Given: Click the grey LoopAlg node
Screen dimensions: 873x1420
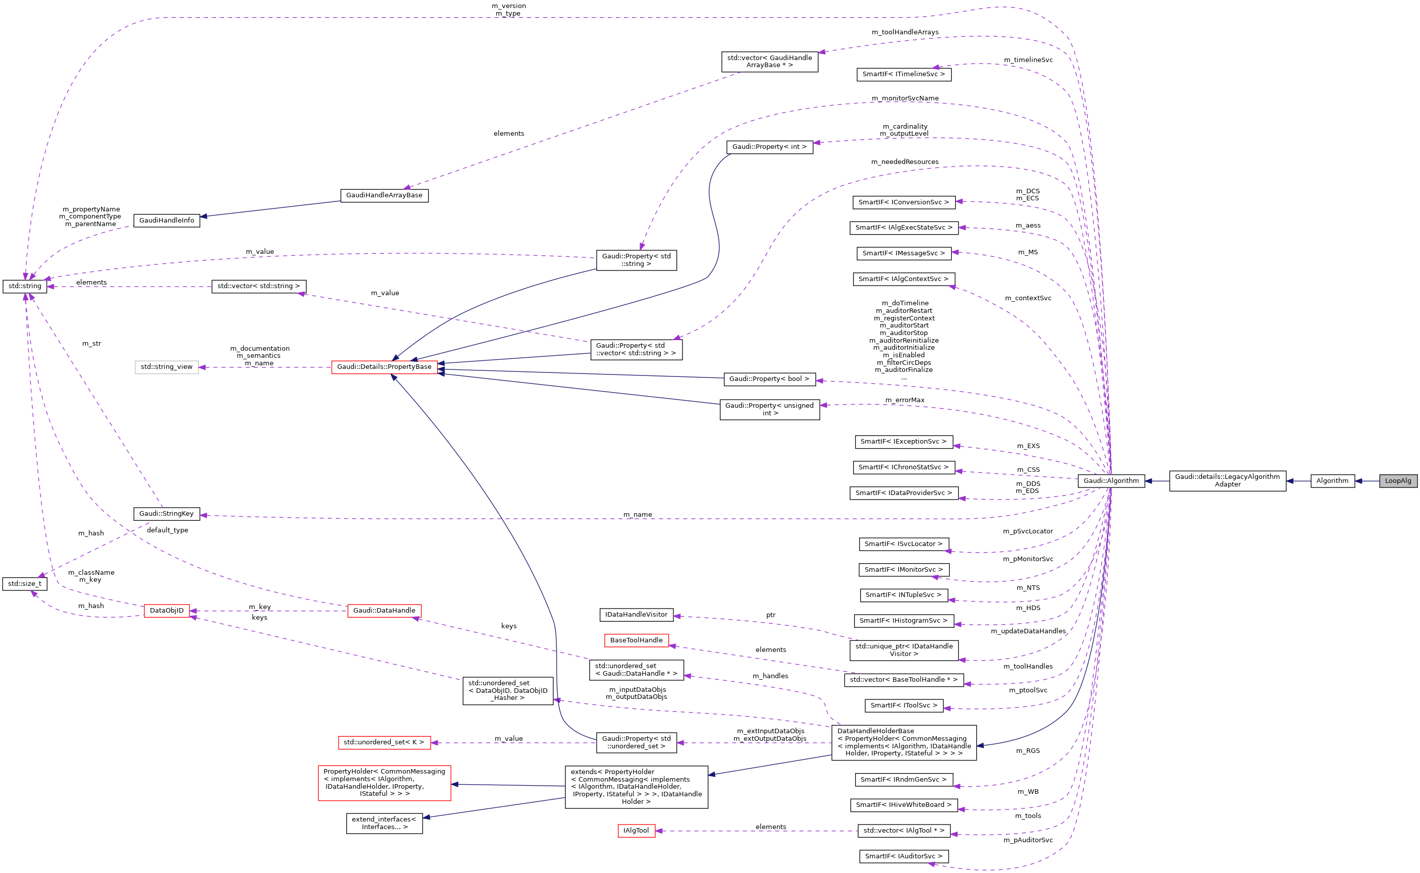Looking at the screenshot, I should (x=1397, y=481).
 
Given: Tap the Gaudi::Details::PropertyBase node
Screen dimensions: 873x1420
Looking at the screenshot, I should (x=384, y=367).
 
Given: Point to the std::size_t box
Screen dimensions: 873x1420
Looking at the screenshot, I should (x=25, y=584).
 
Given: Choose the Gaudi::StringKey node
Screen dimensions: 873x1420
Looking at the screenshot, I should (x=166, y=514).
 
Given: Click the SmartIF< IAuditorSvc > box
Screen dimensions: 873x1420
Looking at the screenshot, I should (x=903, y=856).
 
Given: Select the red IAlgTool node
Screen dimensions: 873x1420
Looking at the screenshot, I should (x=636, y=831).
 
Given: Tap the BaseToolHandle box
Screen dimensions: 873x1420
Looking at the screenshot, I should (x=636, y=640).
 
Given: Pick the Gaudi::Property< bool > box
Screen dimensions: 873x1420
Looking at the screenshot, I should (x=769, y=379).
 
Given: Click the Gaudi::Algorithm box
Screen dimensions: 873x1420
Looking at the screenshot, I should (x=1111, y=481).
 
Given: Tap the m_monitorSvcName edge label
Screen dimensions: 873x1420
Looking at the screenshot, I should (x=905, y=99).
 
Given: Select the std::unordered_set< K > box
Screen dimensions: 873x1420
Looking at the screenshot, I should (x=384, y=742).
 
